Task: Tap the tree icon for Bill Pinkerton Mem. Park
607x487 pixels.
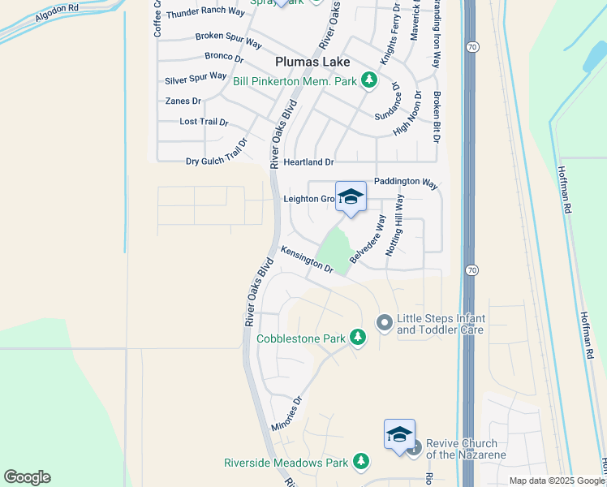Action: [369, 80]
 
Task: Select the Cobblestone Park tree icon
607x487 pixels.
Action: [357, 338]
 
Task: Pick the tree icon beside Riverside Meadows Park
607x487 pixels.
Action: [361, 463]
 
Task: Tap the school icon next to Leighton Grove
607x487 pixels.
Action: [351, 197]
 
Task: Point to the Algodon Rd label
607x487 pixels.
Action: [48, 17]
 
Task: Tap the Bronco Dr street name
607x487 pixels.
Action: [224, 58]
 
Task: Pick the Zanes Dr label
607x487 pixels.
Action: [183, 101]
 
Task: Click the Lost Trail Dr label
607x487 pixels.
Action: [204, 122]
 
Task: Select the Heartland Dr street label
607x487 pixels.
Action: [308, 162]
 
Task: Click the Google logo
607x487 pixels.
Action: [27, 477]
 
